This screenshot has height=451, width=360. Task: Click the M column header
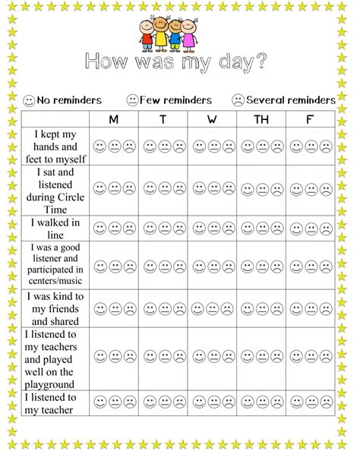coord(114,119)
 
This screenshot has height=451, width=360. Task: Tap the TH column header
coord(261,119)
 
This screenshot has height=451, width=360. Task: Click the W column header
coord(212,119)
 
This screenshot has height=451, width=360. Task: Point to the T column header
coord(163,119)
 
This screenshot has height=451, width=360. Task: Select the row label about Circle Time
coord(55,188)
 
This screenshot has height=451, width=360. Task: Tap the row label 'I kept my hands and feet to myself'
coord(55,146)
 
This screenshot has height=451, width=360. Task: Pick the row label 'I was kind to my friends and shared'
coord(55,308)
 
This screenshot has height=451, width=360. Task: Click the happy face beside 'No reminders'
coord(29,100)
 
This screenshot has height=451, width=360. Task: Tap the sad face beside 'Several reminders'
coord(238,100)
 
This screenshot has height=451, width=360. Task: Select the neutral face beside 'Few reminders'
coord(132,100)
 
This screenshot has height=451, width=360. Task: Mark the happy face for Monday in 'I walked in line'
coord(99,227)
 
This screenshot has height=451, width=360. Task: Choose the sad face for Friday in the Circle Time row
coord(325,188)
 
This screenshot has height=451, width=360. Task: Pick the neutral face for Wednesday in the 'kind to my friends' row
coord(212,308)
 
